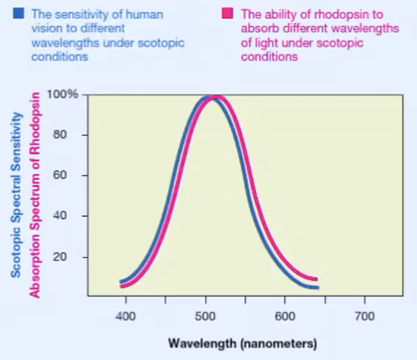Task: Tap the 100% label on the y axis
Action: (x=62, y=95)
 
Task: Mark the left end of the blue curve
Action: (x=121, y=282)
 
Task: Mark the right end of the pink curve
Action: (x=317, y=279)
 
